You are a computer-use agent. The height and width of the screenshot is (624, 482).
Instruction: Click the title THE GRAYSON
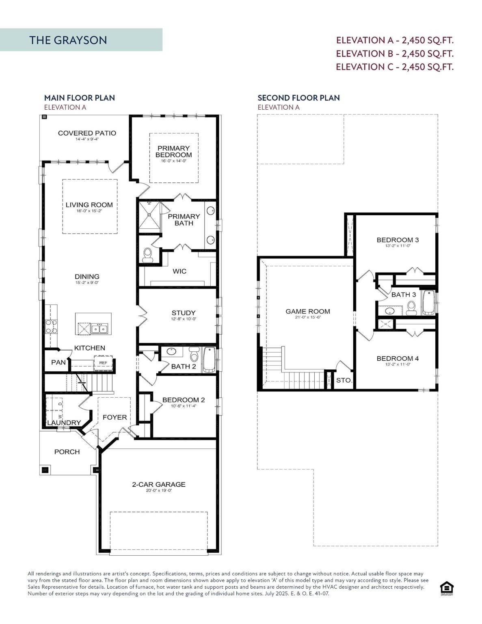(68, 40)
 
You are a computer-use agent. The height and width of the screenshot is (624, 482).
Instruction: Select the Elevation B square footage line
(395, 53)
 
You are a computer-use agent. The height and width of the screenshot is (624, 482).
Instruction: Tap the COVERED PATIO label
(87, 133)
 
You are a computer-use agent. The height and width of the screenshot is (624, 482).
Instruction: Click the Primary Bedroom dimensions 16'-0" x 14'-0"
(173, 161)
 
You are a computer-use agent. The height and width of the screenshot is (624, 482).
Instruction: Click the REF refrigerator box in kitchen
(103, 363)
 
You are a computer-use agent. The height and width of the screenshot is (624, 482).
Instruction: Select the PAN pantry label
(58, 362)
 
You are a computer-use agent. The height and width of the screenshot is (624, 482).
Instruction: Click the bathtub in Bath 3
(428, 303)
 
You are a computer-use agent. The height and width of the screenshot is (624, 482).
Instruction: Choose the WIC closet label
(179, 271)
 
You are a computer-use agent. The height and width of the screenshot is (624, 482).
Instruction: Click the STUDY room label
(183, 313)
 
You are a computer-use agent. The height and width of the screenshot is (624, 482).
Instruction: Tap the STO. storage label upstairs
(344, 381)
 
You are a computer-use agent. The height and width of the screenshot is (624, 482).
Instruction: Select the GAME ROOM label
(307, 312)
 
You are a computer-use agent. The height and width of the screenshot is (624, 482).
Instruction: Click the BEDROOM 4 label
(397, 358)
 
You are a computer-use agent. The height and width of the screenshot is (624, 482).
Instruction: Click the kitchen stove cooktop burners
(51, 326)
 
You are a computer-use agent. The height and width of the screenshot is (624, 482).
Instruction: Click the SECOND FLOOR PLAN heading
(298, 97)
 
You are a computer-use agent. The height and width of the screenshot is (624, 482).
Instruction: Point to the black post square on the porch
(45, 470)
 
